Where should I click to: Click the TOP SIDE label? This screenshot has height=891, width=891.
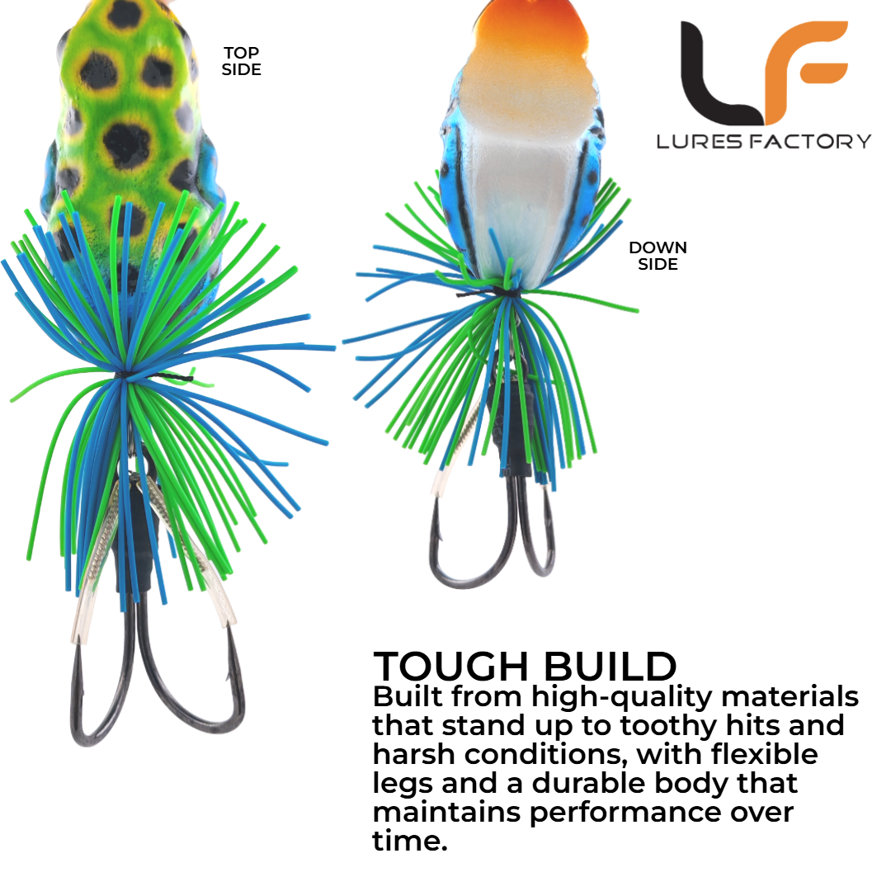tap(242, 61)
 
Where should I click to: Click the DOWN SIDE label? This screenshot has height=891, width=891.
tap(658, 256)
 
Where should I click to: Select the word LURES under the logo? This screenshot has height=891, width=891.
tap(700, 142)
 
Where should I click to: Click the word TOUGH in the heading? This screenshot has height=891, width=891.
tap(451, 666)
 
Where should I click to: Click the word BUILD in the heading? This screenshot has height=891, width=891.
tap(610, 666)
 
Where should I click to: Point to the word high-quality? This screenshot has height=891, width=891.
tap(622, 699)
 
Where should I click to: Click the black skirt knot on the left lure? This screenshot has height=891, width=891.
tap(122, 375)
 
